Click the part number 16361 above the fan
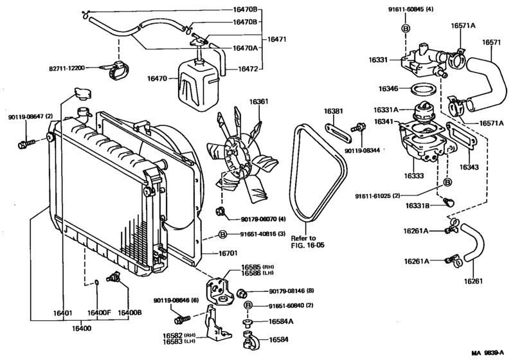point(260,101)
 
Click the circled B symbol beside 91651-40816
point(222,234)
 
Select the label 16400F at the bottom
point(100,313)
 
